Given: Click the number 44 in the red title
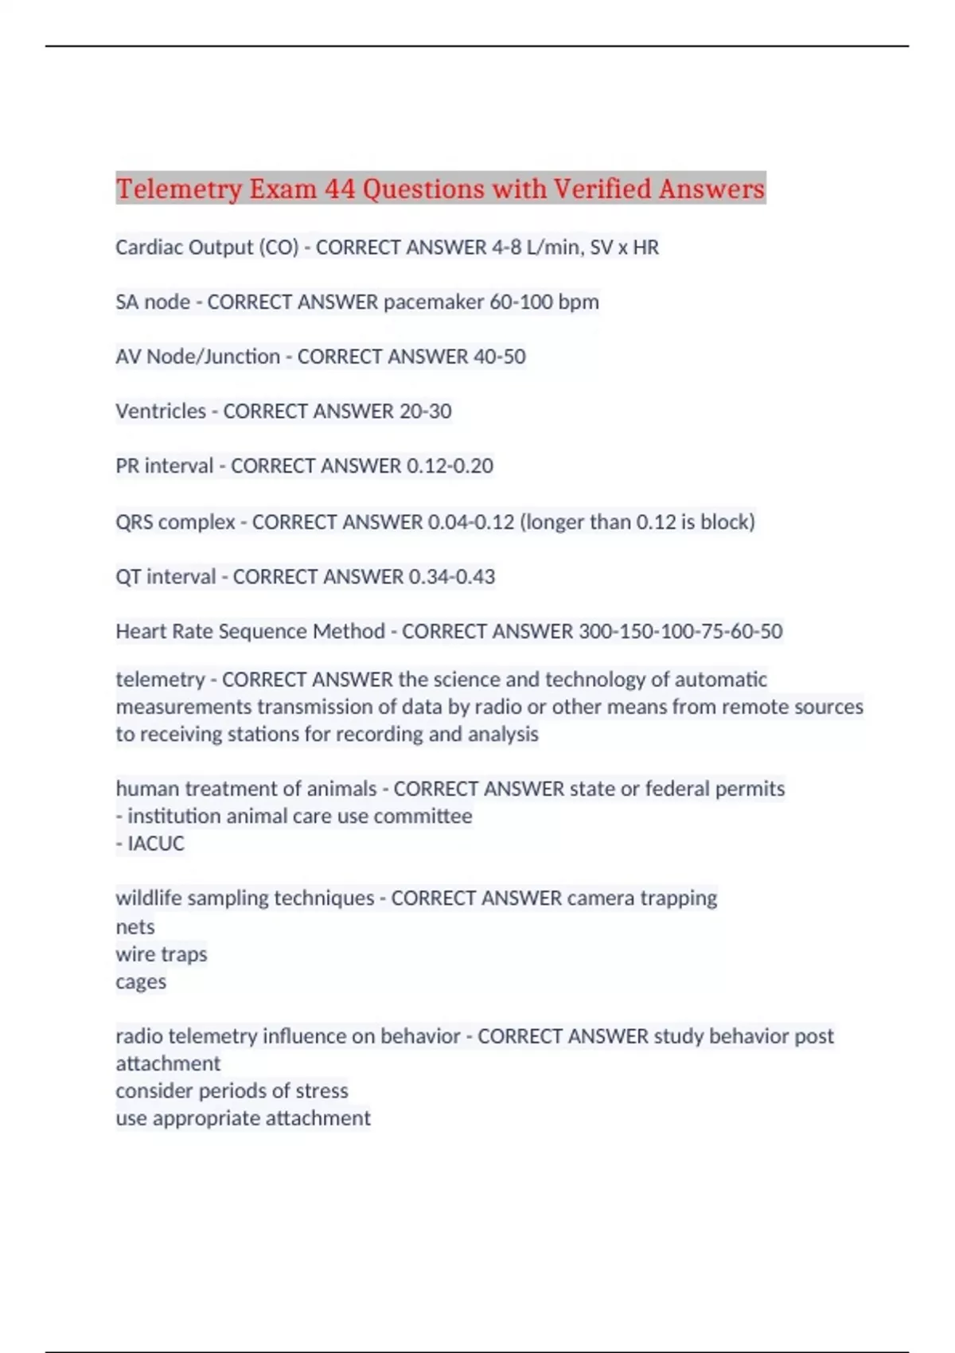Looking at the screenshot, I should click(x=339, y=189).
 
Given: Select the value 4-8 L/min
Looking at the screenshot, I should click(x=536, y=248).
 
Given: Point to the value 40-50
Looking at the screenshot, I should click(x=499, y=357).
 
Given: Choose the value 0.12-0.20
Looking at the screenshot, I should click(x=450, y=466).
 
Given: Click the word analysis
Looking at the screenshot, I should click(x=503, y=734).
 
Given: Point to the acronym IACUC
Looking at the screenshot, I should click(x=156, y=844).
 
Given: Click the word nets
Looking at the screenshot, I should click(x=135, y=927).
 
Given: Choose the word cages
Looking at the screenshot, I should click(x=141, y=982).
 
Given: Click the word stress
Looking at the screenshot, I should click(x=322, y=1091).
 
